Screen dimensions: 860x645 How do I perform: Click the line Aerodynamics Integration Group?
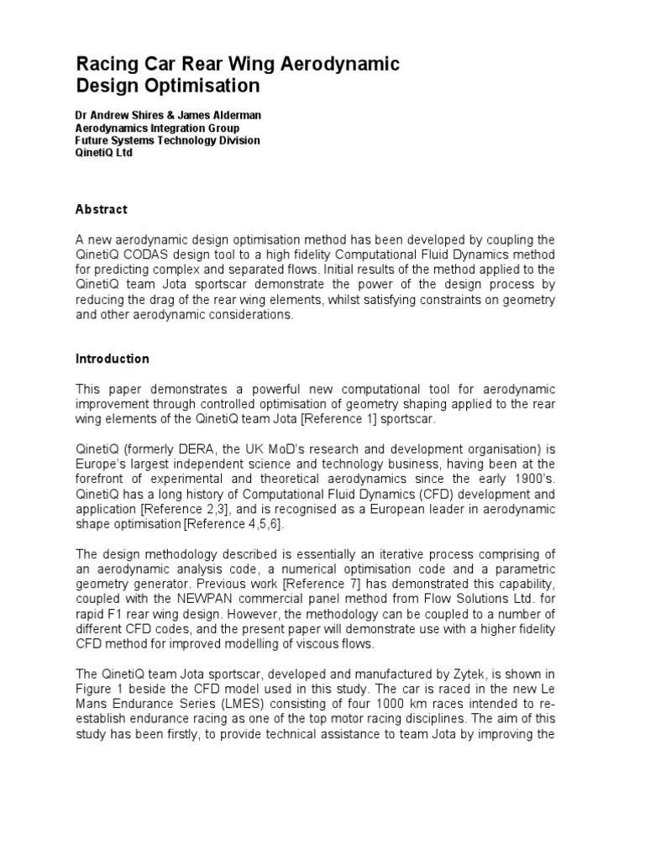[158, 128]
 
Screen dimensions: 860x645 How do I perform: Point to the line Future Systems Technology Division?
[168, 141]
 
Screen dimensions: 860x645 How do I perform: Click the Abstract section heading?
[102, 209]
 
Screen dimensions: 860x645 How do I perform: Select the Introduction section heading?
[113, 359]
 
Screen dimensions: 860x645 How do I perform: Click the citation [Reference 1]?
[349, 419]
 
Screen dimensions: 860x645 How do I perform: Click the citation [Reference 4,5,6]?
[239, 523]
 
